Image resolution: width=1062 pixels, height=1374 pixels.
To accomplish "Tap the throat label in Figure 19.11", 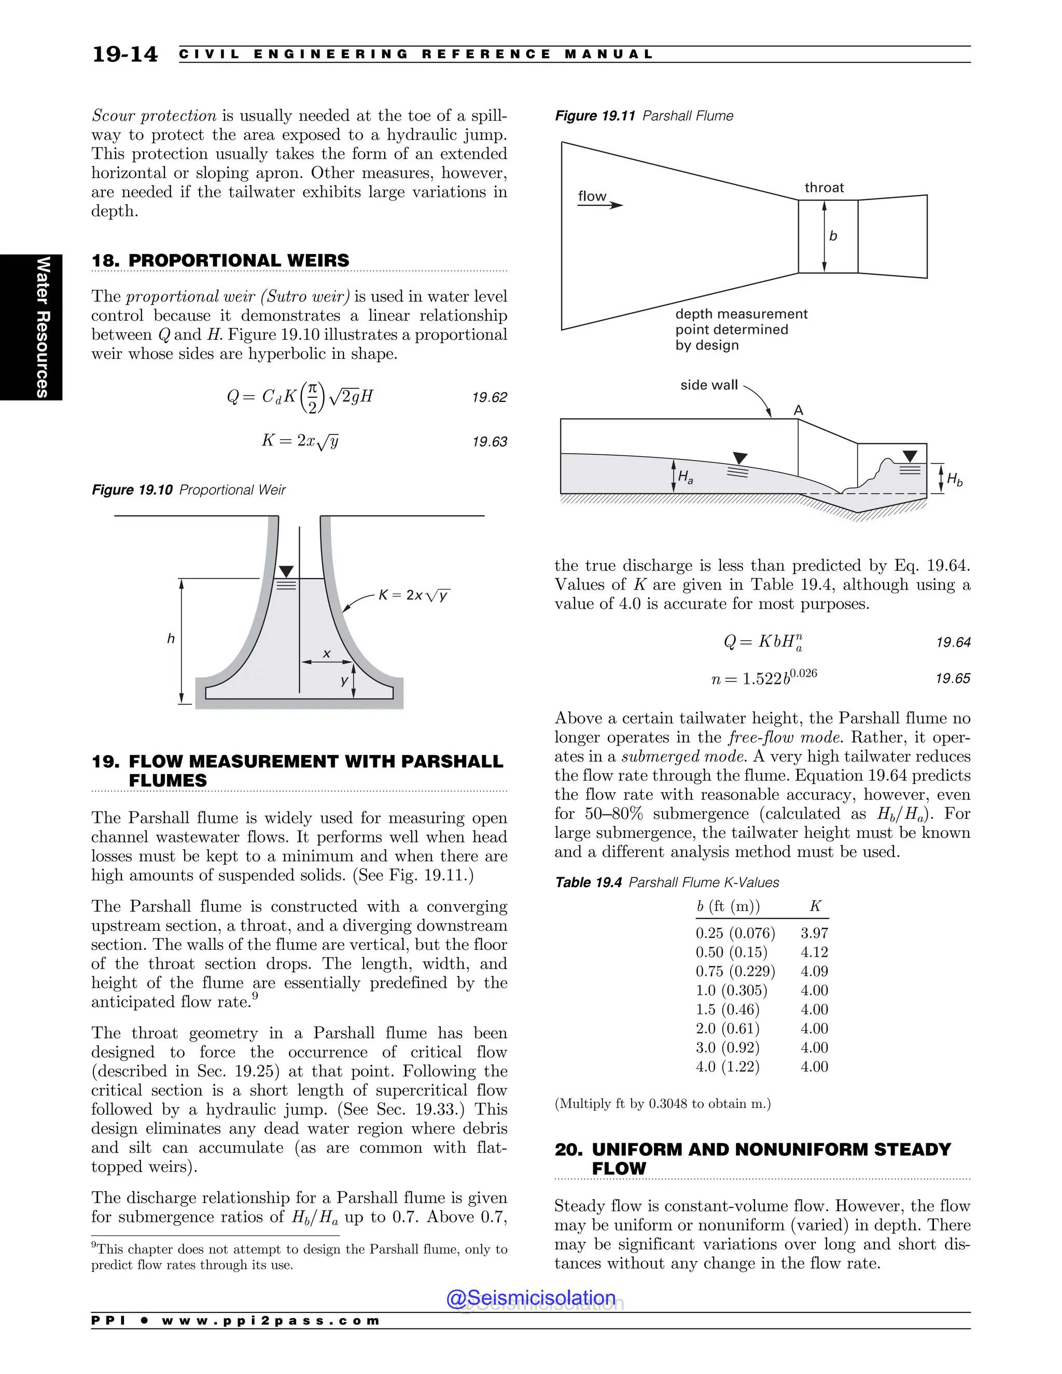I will point(823,188).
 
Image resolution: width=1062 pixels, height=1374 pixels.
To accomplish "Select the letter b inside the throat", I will point(833,236).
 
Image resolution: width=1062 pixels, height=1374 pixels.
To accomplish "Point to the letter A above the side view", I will point(799,410).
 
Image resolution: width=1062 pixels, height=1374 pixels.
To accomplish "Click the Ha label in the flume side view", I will point(685,478).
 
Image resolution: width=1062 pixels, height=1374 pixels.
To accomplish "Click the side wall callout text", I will point(708,385).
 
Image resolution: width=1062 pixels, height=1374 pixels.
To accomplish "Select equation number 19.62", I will point(489,398).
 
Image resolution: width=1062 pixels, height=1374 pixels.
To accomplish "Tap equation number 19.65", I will point(953,678).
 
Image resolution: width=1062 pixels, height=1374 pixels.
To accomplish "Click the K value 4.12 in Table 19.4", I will point(814,952).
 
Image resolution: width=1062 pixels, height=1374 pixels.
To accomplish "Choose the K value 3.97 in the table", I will point(814,933).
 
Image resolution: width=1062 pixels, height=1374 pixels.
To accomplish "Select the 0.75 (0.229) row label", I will point(735,971).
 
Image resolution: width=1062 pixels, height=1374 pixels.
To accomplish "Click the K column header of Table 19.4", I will point(815,906).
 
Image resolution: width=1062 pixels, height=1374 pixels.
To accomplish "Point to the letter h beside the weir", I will point(171,639).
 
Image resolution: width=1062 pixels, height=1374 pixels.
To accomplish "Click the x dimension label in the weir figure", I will point(327,654).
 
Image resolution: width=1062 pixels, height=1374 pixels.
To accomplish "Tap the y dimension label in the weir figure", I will point(344,680).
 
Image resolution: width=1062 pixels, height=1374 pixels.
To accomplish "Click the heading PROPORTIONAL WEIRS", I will point(239,260).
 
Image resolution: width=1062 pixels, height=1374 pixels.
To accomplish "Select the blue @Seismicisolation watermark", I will point(530,1298).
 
